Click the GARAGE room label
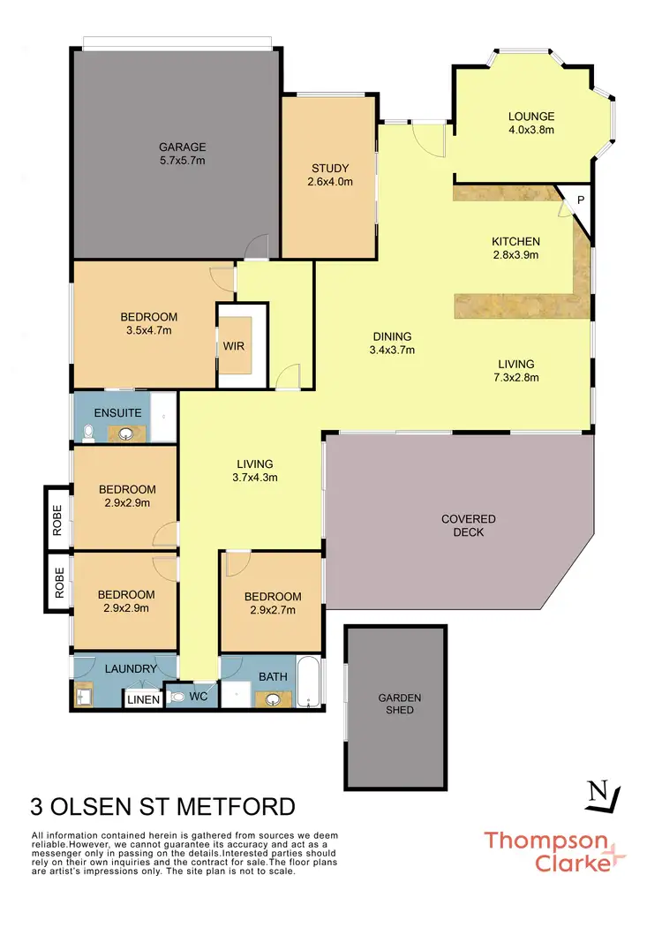(x=182, y=147)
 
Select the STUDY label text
(x=330, y=169)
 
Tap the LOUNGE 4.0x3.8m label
(x=530, y=124)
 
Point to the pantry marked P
(x=580, y=200)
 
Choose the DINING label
(x=392, y=336)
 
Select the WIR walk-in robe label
(x=233, y=345)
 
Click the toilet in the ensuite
(x=87, y=432)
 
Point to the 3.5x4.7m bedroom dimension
(x=148, y=330)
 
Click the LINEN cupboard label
(x=143, y=700)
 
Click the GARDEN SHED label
(x=400, y=704)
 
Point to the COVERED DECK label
(x=468, y=525)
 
